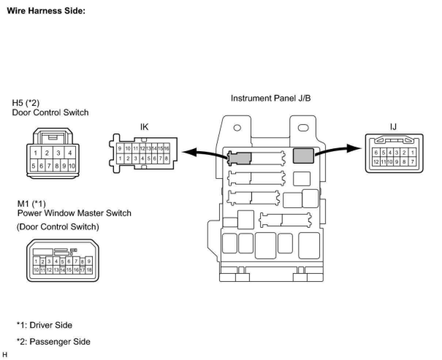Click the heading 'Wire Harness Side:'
[x=46, y=11]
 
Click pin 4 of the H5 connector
[x=69, y=153]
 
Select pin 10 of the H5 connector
[x=72, y=166]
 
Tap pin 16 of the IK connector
[x=167, y=148]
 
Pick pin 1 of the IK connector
[x=120, y=158]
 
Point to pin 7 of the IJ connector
[x=412, y=161]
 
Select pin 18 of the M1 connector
[x=89, y=270]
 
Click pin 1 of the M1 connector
[x=36, y=261]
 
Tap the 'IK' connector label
[x=144, y=127]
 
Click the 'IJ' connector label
[x=393, y=127]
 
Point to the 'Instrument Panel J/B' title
[x=271, y=98]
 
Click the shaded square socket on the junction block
[x=303, y=156]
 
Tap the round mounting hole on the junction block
[x=237, y=128]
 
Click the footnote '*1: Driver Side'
[x=44, y=325]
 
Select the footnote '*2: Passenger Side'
[x=53, y=342]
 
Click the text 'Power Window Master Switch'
[x=74, y=213]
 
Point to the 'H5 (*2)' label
[x=26, y=103]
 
